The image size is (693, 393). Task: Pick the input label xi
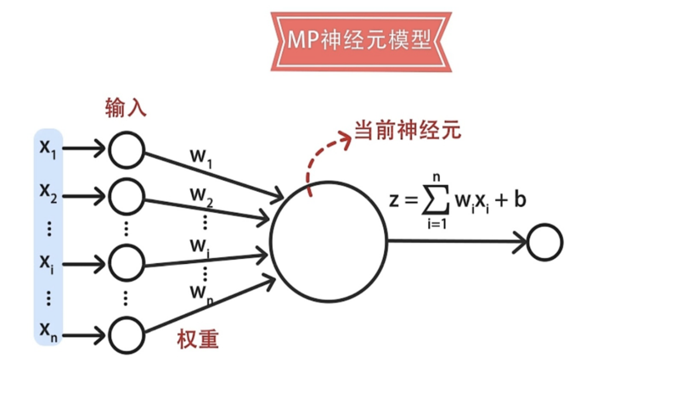coord(46,261)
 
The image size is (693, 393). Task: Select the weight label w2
coord(201,196)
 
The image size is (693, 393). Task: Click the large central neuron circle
coord(329,241)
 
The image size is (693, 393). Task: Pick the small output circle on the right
coord(545,243)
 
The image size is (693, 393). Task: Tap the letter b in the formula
coord(520,200)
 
